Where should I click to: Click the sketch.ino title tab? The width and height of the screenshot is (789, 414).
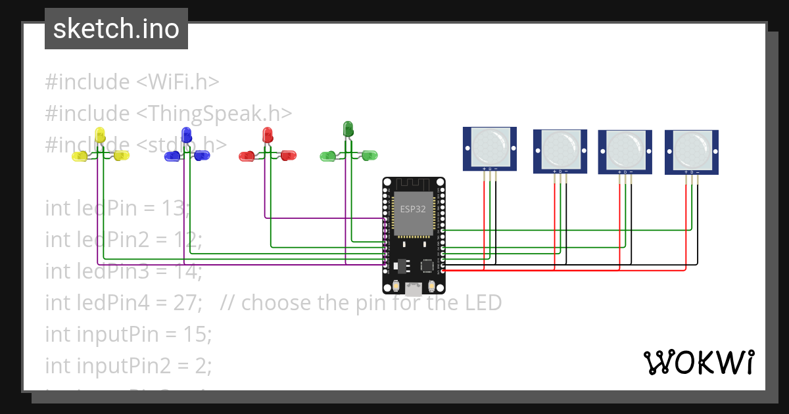pyautogui.click(x=116, y=29)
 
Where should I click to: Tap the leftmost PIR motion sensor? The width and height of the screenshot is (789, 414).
pyautogui.click(x=490, y=149)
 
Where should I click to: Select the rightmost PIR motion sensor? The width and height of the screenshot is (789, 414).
pyautogui.click(x=691, y=152)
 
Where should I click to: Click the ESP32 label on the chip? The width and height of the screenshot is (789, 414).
pyautogui.click(x=413, y=209)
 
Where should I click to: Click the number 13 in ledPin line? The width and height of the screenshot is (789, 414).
pyautogui.click(x=174, y=208)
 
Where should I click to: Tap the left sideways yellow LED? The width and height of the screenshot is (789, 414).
pyautogui.click(x=80, y=156)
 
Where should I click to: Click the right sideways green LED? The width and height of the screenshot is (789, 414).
pyautogui.click(x=370, y=156)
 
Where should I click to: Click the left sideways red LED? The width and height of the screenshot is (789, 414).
pyautogui.click(x=247, y=156)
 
